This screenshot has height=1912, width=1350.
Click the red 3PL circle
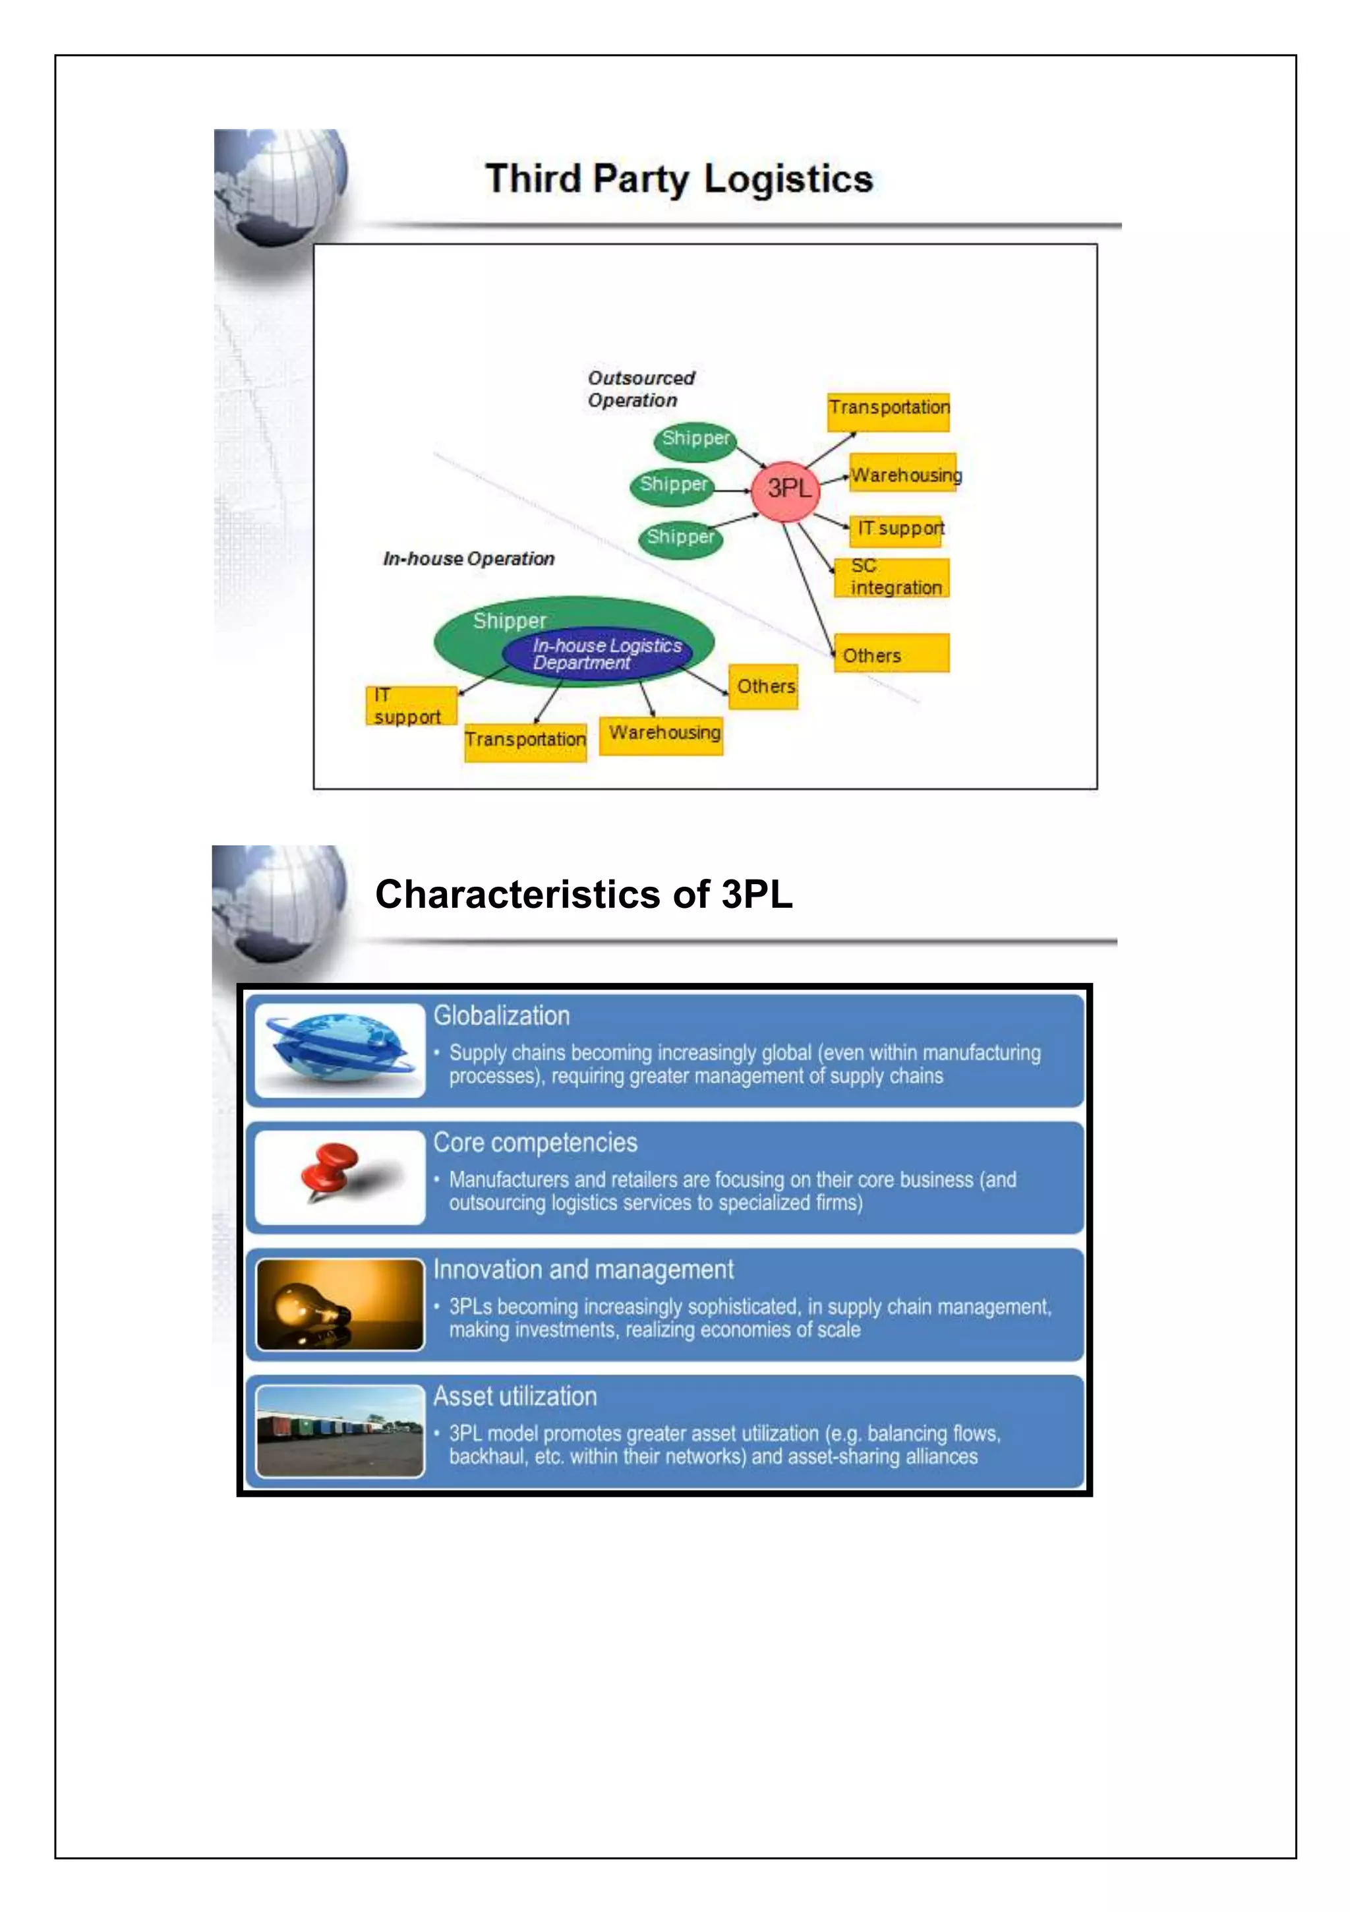click(x=785, y=491)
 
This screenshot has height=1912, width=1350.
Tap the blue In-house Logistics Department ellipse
click(x=597, y=655)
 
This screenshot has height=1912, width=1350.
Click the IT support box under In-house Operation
click(x=411, y=706)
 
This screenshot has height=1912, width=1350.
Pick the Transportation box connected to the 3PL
click(x=888, y=411)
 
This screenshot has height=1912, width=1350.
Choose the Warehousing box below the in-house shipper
click(x=661, y=735)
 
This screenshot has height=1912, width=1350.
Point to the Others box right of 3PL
click(x=891, y=654)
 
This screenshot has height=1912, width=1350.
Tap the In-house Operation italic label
click(x=468, y=559)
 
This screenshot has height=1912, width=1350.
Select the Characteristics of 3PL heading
click(x=583, y=895)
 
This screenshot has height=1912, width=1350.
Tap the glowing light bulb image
click(x=339, y=1304)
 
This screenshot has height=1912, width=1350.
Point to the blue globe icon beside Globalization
click(x=339, y=1049)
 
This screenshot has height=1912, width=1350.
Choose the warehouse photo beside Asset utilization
click(x=339, y=1431)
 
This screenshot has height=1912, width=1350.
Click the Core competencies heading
click(x=535, y=1143)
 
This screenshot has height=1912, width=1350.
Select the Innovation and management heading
click(x=583, y=1269)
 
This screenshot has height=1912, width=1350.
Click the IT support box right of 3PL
click(x=896, y=529)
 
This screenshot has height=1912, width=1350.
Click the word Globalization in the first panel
click(x=502, y=1016)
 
